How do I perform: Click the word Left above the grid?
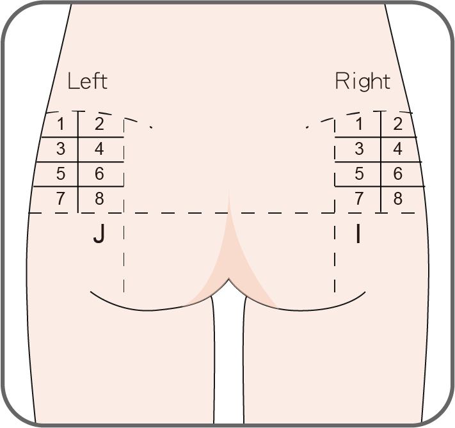tap(88, 81)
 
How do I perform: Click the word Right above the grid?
tap(362, 81)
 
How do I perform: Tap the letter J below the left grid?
tap(99, 235)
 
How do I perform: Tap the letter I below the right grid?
tap(358, 235)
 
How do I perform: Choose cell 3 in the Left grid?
tap(60, 149)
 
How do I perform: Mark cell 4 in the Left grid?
tap(99, 149)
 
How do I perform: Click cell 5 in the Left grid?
tap(60, 174)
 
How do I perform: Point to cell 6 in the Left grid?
tap(99, 174)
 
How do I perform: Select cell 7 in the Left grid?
tap(60, 198)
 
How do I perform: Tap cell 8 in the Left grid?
tap(99, 198)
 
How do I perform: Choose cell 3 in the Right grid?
tap(359, 149)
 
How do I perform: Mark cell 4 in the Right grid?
tap(398, 149)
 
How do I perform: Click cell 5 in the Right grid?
tap(359, 174)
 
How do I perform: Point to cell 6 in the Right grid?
tap(398, 174)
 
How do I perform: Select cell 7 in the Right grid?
tap(359, 198)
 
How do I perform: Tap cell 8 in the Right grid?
tap(398, 198)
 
